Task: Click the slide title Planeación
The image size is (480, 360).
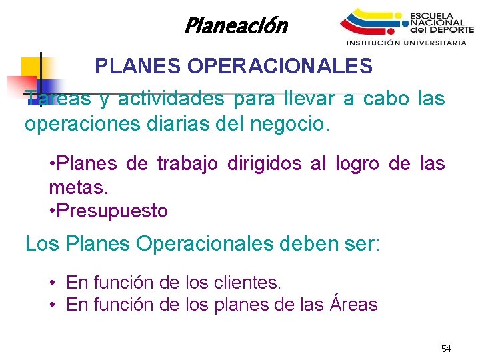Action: [235, 26]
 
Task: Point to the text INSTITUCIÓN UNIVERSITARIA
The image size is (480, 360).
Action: [406, 43]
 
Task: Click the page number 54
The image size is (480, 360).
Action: [446, 349]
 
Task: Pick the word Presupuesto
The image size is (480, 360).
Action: [112, 211]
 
